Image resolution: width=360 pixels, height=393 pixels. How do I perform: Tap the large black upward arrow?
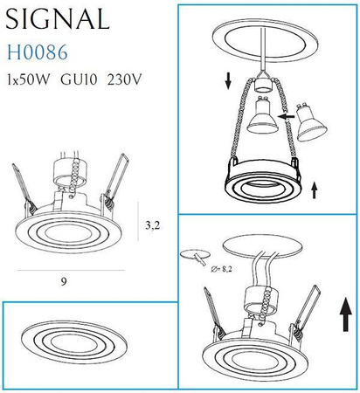pyautogui.click(x=344, y=309)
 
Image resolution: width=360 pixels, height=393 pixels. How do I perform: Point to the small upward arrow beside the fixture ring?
pyautogui.click(x=315, y=187)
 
